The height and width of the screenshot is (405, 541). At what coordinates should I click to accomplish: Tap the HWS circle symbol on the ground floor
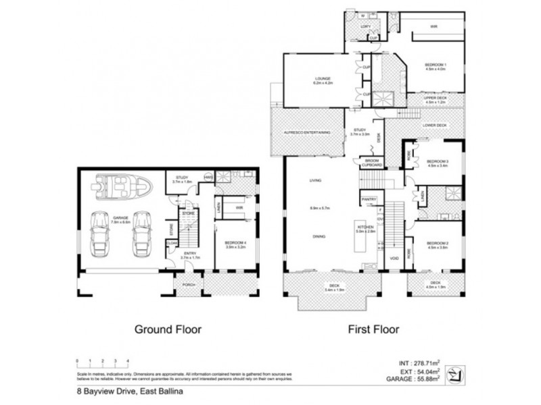208,177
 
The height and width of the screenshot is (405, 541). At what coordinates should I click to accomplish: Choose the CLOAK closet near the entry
172,242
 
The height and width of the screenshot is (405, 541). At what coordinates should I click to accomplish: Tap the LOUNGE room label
321,80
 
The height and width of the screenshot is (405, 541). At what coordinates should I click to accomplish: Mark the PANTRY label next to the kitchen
369,200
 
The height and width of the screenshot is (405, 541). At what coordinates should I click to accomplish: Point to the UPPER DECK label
429,99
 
